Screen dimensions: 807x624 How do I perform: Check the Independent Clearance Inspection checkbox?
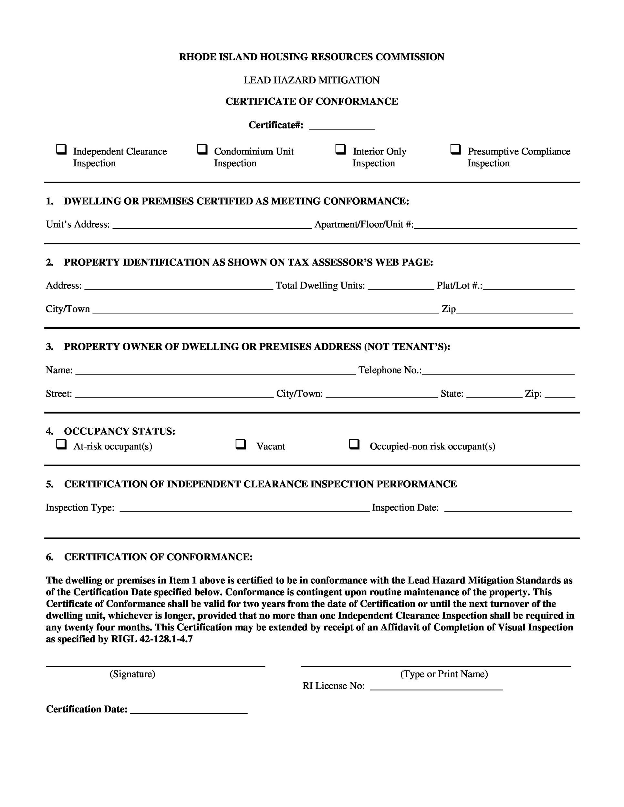[x=61, y=150]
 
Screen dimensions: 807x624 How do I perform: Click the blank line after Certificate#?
[x=342, y=126]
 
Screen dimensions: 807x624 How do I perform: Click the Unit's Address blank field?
[x=212, y=225]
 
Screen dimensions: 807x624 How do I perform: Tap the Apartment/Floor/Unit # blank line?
[x=495, y=225]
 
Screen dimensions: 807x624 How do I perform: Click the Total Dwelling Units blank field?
[x=401, y=286]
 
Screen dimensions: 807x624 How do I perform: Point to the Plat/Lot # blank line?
[x=529, y=286]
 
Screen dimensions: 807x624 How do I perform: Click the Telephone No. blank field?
[x=498, y=371]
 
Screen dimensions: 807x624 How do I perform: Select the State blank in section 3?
[x=494, y=394]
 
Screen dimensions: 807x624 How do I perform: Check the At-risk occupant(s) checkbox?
[x=61, y=444]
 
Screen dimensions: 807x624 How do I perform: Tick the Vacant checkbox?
[x=241, y=444]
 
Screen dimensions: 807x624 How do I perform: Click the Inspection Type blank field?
[x=244, y=508]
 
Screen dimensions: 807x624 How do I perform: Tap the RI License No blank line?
[x=436, y=686]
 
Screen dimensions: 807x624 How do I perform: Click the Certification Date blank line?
[x=189, y=710]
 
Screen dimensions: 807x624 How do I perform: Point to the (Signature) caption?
[x=132, y=674]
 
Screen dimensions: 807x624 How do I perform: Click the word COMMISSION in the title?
[x=410, y=57]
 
